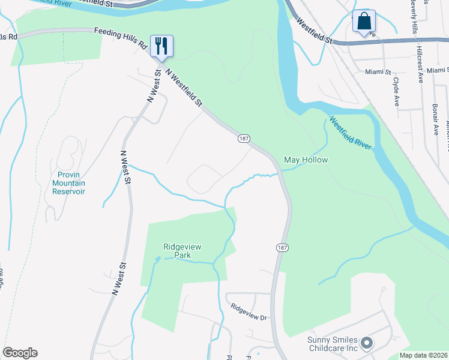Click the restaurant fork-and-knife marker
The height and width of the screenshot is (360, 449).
[161, 45]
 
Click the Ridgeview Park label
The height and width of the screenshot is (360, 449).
[176, 250]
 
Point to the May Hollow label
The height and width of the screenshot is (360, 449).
[306, 160]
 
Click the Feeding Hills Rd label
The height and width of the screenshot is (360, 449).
[121, 37]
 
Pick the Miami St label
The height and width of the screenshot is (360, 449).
[378, 71]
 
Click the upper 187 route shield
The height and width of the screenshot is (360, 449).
[243, 139]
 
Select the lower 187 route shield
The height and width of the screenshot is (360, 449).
[282, 247]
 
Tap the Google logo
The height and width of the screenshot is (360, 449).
[20, 353]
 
